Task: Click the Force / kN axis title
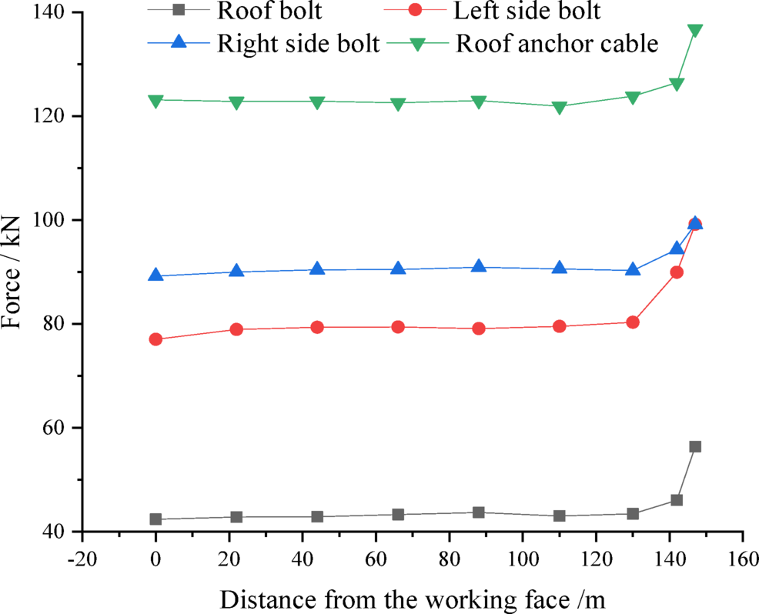point(13,272)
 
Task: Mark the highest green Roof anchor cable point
point(695,31)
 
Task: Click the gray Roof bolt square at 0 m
point(155,519)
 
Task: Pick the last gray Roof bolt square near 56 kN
point(695,446)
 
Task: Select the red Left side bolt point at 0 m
point(155,339)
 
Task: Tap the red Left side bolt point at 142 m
point(677,272)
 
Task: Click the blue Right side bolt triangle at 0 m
point(155,275)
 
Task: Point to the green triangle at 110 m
point(560,107)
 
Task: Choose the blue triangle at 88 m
point(479,267)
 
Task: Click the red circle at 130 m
point(633,322)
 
